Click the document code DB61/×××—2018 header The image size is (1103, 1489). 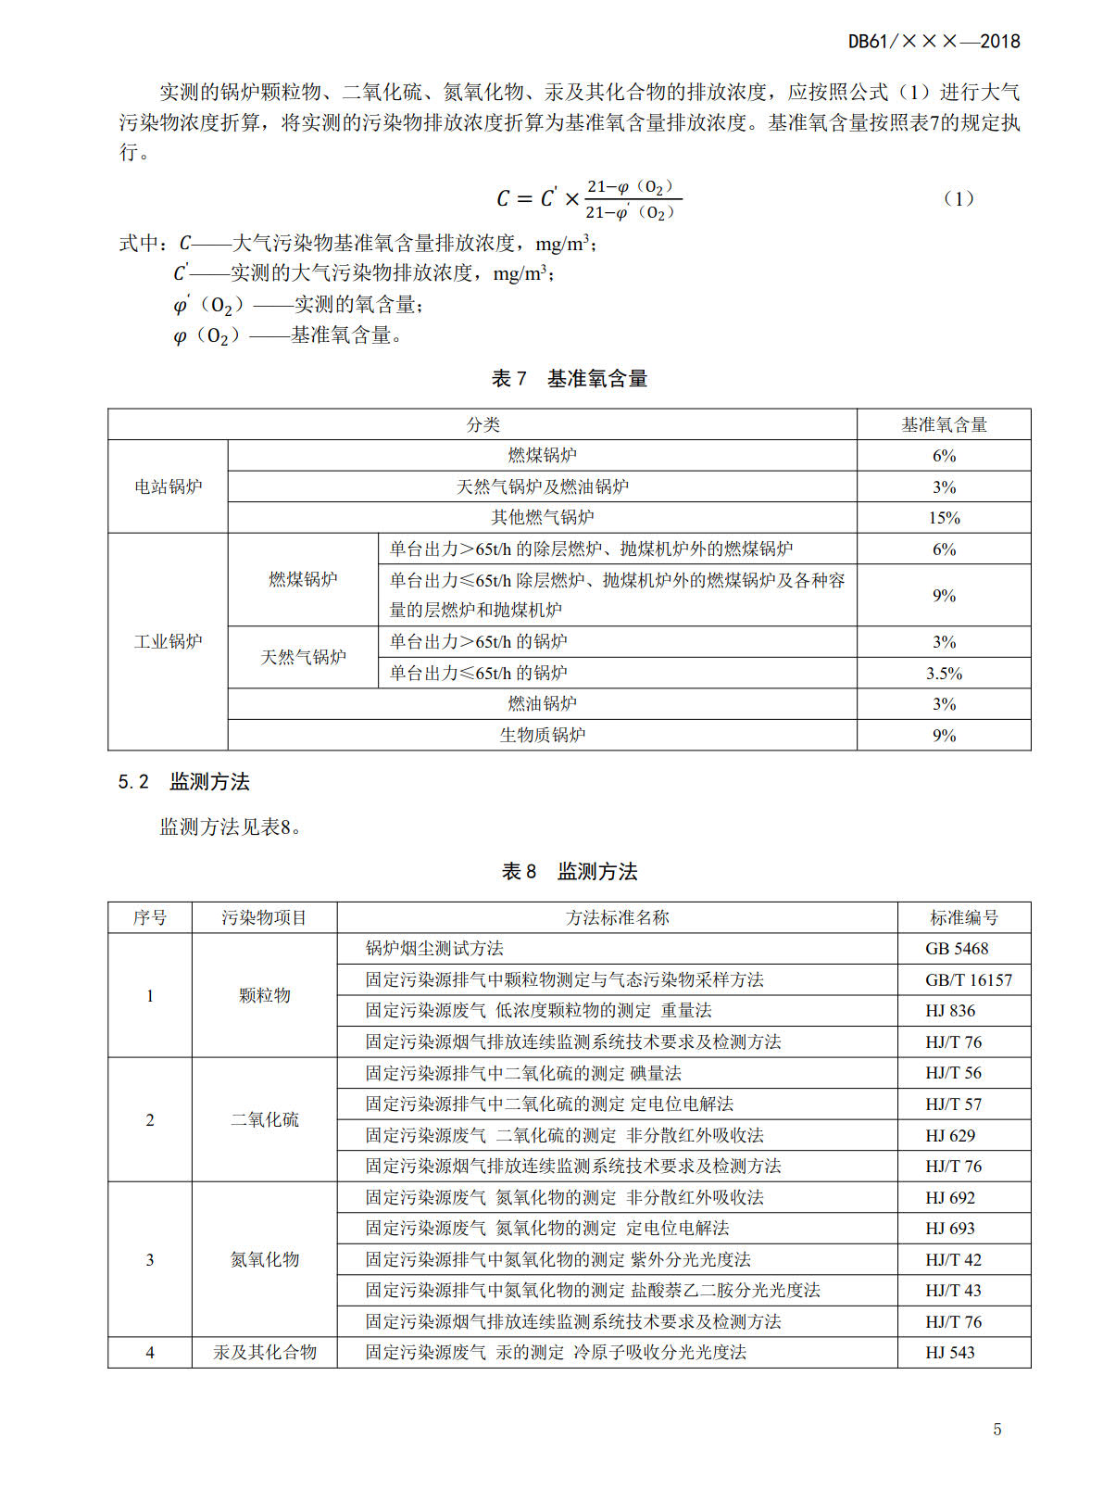pos(934,42)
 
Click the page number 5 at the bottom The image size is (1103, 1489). pos(996,1429)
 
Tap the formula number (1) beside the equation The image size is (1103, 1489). pos(958,198)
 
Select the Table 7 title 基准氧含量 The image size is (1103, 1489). pos(569,378)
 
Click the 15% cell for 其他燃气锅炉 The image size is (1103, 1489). pos(944,518)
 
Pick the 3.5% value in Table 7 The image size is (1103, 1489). pos(944,674)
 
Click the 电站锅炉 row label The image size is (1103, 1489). pos(168,486)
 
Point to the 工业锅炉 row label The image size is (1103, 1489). pos(168,641)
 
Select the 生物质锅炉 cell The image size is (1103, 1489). pos(542,735)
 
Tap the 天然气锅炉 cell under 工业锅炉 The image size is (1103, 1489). pos(303,657)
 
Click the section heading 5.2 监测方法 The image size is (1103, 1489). pos(183,781)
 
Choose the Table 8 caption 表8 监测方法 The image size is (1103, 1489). pos(569,871)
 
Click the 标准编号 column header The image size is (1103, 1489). pos(963,917)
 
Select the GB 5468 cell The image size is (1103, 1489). pos(957,949)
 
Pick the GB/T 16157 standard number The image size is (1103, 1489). pos(968,979)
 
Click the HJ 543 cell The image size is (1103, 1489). pos(950,1353)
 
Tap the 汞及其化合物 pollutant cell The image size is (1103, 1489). pos(264,1353)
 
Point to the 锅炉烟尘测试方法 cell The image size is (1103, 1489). pos(434,949)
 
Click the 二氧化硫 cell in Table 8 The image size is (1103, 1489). pos(264,1119)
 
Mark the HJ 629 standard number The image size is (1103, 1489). pos(950,1135)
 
